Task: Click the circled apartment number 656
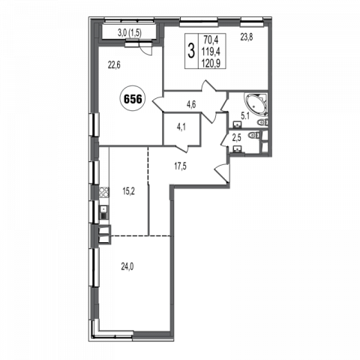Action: pos(133,100)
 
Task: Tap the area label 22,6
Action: pos(114,65)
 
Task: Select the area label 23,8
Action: pos(247,37)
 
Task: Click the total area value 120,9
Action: pos(212,64)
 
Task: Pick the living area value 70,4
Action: pos(211,39)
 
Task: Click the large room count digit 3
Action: pos(191,51)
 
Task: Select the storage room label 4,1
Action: pos(181,127)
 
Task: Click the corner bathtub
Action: pos(256,104)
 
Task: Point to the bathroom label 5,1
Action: pos(244,116)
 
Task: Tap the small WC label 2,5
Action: pos(236,138)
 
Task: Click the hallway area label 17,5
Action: pos(180,166)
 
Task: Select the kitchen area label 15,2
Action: pos(128,191)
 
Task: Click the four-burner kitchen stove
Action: pos(104,192)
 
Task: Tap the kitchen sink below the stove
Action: pos(103,212)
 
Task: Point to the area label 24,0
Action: pos(127,267)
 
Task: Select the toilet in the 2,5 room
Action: pos(253,135)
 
